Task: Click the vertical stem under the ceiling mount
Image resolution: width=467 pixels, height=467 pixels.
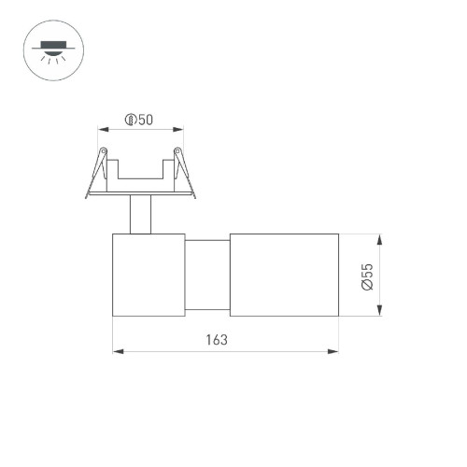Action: point(141,215)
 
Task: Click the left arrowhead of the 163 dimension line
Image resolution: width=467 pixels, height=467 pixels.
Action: point(116,352)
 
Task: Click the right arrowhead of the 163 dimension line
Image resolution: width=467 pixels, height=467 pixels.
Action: point(335,352)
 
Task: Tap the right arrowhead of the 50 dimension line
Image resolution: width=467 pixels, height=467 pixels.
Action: point(179,131)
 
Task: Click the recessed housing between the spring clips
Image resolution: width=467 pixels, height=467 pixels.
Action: point(141,177)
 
